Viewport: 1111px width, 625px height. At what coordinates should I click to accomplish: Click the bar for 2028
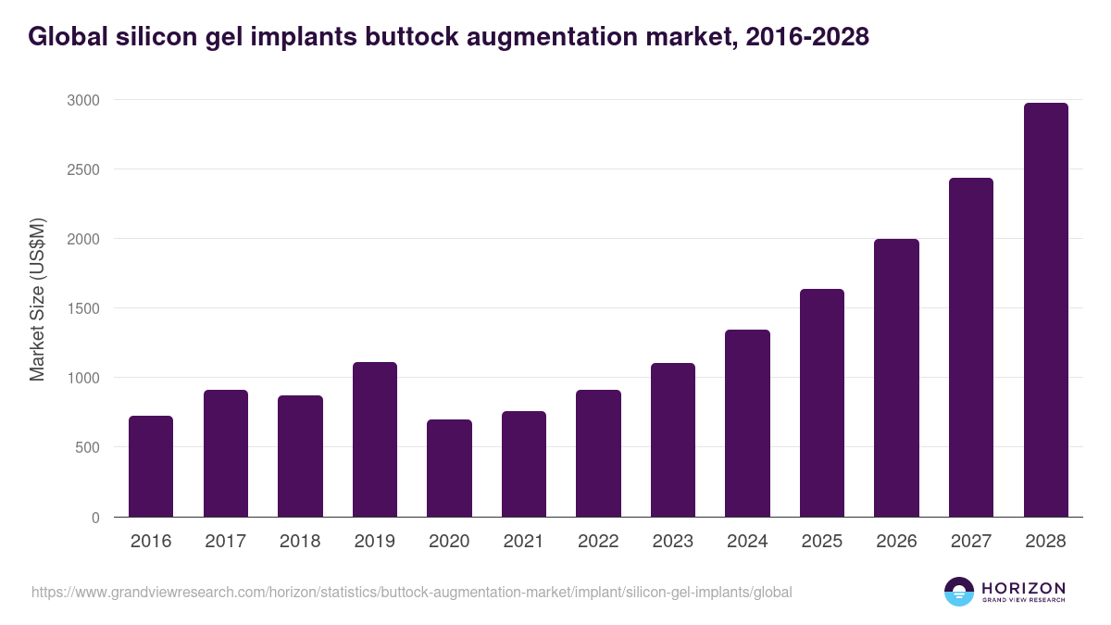tap(1045, 310)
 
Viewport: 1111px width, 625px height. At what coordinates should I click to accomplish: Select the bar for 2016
tap(151, 467)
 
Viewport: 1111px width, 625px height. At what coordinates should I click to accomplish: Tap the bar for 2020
tap(449, 469)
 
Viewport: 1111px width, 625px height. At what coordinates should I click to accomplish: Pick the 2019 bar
tap(375, 440)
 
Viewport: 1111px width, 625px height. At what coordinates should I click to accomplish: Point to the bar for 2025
tap(822, 403)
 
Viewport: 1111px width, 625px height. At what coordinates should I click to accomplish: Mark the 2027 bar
tap(971, 347)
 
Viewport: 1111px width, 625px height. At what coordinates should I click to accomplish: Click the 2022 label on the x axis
tap(598, 542)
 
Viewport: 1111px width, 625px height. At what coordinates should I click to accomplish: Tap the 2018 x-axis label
tap(300, 542)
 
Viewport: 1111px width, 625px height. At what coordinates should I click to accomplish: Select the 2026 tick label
tap(896, 542)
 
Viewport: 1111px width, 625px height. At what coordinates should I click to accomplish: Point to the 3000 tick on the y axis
tap(81, 100)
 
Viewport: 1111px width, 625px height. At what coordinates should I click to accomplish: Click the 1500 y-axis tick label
tap(81, 308)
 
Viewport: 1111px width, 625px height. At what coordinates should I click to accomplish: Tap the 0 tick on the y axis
tap(95, 518)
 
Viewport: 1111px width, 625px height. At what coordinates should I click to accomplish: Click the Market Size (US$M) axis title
tap(37, 300)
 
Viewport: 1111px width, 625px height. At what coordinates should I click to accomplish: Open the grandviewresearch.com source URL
tap(412, 592)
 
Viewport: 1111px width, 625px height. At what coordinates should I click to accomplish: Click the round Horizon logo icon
tap(958, 592)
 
